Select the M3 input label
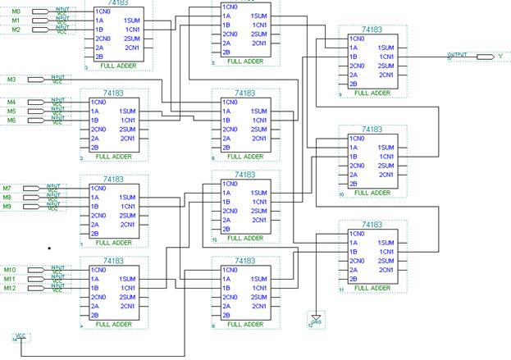pyautogui.click(x=11, y=80)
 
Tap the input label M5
pyautogui.click(x=11, y=111)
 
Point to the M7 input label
pyautogui.click(x=7, y=189)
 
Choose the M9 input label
pyautogui.click(x=7, y=207)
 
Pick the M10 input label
pyautogui.click(x=10, y=269)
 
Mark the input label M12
pyautogui.click(x=10, y=288)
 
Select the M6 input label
pyautogui.click(x=11, y=120)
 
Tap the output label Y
pyautogui.click(x=501, y=57)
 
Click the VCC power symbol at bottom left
pyautogui.click(x=18, y=337)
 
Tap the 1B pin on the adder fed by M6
pyautogui.click(x=96, y=120)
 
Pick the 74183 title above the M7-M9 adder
pyautogui.click(x=113, y=179)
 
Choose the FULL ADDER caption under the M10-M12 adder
pyautogui.click(x=113, y=324)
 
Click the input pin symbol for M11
pyautogui.click(x=39, y=278)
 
